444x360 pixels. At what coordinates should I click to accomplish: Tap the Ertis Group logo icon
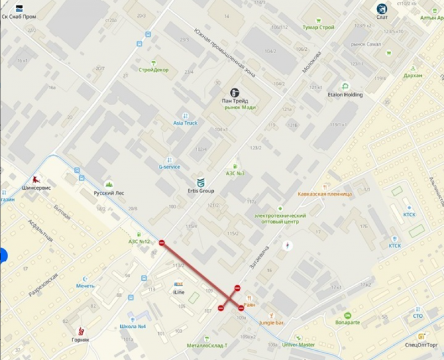point(201,182)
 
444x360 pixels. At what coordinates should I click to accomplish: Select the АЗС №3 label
point(235,173)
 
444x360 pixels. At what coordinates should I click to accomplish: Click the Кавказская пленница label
point(325,194)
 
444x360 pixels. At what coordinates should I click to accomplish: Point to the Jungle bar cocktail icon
point(271,315)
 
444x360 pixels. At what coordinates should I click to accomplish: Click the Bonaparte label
point(347,322)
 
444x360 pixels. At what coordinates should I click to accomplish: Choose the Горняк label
point(81,340)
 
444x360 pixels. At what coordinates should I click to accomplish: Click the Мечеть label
point(85,286)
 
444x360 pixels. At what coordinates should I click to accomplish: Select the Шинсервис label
point(36,188)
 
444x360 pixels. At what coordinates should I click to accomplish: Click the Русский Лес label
point(109,193)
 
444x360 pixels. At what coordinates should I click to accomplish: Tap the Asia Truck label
point(185,123)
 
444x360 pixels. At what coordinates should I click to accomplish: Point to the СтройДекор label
point(153,70)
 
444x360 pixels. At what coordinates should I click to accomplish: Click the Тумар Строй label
point(319,27)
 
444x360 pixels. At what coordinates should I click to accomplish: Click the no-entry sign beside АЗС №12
point(161,243)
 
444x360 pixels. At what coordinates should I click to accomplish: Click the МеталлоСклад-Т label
point(207,345)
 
